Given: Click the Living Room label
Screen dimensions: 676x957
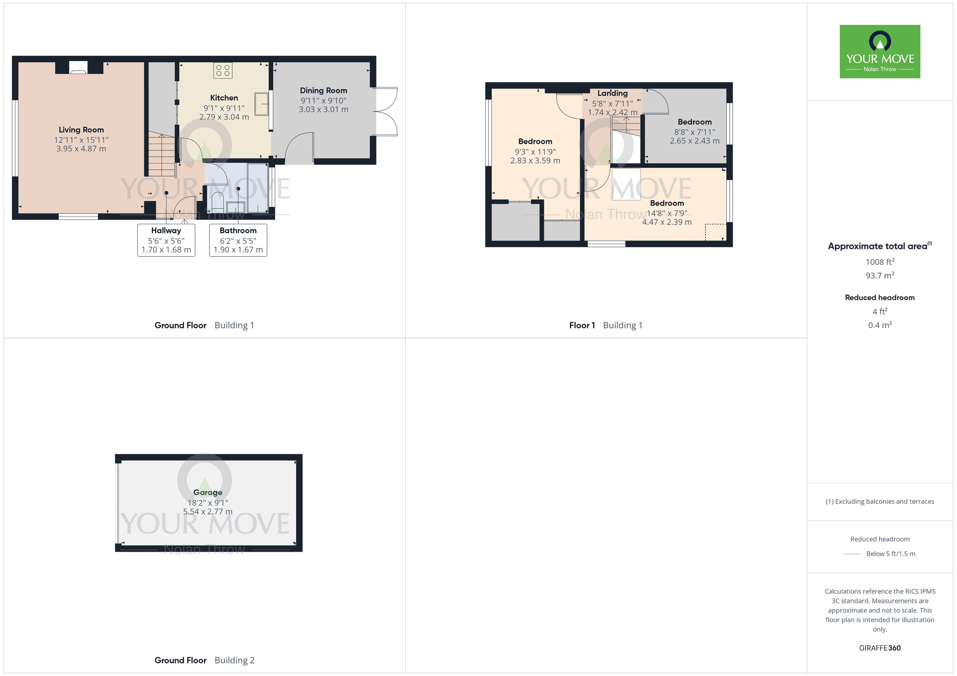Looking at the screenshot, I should pos(81,130).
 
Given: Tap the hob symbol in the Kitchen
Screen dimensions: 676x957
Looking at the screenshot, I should pos(223,71).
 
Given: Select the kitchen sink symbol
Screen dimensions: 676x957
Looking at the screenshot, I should pos(261,104).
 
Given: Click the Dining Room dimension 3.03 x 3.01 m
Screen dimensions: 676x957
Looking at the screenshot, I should pos(323,109).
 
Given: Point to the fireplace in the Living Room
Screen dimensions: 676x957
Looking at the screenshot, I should pos(78,67).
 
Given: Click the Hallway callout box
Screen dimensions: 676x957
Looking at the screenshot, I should pos(166,240).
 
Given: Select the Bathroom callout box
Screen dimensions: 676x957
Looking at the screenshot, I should pos(238,240).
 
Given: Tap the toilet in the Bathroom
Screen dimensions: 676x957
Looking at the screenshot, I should pos(217,200).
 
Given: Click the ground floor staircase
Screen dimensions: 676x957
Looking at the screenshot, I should pos(161,155).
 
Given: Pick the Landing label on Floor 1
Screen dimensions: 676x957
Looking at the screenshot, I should pos(612,93).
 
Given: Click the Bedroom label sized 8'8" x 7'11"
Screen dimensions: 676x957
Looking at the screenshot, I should pos(694,122).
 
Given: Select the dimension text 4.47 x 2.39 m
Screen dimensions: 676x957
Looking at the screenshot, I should pos(667,222).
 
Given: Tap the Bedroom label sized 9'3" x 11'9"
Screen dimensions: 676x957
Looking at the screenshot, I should pos(535,142).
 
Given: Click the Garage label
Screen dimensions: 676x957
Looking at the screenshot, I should pos(208,492).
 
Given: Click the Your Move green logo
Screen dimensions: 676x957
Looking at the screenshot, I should pos(879,52).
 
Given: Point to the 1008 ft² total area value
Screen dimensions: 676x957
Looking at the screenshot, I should pos(879,262).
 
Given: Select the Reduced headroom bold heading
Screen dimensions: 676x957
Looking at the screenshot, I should pos(879,297).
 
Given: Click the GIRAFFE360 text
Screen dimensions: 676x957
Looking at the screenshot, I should pos(879,648).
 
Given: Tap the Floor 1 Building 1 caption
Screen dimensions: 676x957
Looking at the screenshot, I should pos(605,326).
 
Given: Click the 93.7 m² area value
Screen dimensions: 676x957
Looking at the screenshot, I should pos(879,276).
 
